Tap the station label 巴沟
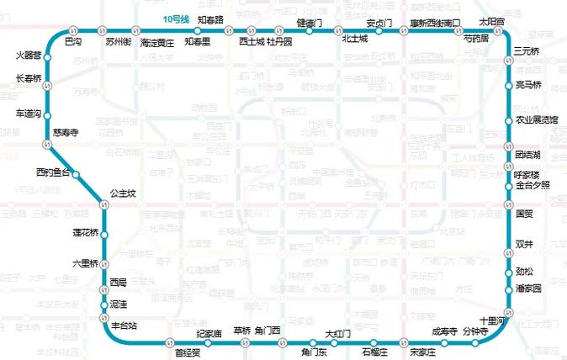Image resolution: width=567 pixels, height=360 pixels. [74, 40]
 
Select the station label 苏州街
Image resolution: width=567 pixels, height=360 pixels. [117, 40]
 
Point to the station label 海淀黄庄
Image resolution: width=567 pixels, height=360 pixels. [157, 41]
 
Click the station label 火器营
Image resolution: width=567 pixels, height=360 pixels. [28, 55]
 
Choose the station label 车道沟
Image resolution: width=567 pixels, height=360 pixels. [29, 114]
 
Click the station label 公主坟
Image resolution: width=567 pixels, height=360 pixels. [123, 194]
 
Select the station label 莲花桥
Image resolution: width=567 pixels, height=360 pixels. [85, 232]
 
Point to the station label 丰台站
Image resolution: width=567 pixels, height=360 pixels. [123, 324]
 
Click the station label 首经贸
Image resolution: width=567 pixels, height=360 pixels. [187, 353]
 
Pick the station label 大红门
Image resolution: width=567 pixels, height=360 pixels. [337, 334]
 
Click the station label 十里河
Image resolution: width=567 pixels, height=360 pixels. [492, 321]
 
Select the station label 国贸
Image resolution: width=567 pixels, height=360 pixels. [524, 214]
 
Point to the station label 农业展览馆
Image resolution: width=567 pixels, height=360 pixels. [537, 120]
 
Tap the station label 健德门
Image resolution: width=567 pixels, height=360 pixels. [311, 22]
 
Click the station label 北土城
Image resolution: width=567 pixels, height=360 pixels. [355, 40]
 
